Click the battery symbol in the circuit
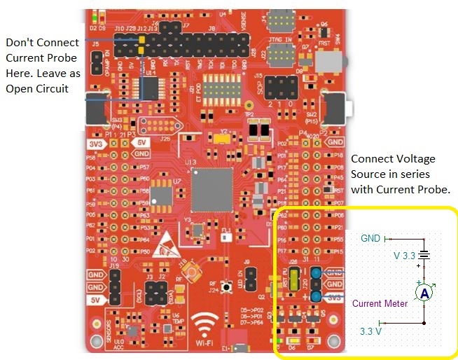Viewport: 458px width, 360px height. coord(423,256)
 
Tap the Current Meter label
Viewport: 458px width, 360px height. coord(380,303)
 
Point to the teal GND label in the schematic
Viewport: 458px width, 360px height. coord(370,238)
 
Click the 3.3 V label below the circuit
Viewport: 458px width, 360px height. coord(370,331)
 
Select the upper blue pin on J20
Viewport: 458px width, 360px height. coord(317,272)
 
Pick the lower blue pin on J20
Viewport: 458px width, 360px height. coord(317,297)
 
